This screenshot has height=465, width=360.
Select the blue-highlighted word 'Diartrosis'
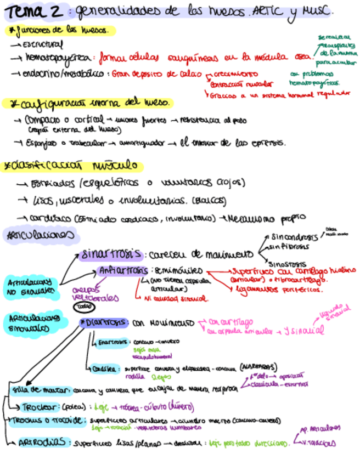[x=105, y=322]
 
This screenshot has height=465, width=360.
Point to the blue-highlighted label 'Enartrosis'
[x=112, y=342]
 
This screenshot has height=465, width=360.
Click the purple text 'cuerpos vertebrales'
[x=94, y=293]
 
